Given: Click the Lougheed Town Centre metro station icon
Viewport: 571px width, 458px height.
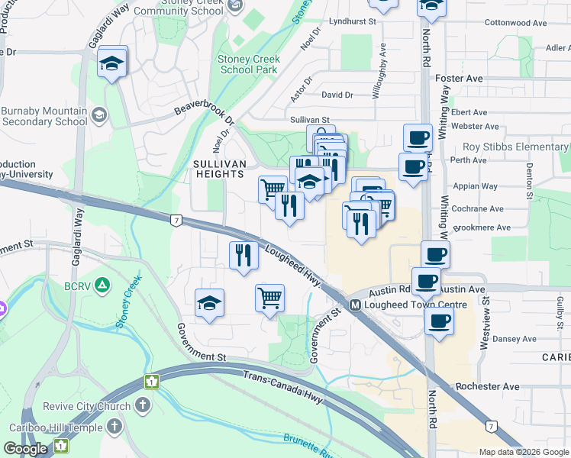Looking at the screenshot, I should (355, 305).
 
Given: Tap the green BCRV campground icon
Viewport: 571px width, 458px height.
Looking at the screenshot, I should (104, 285).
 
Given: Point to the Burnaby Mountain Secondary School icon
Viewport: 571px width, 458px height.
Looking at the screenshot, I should (98, 115).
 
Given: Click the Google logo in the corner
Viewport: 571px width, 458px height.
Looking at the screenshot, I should (25, 449).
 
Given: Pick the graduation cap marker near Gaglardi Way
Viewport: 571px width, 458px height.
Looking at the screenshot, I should (112, 64).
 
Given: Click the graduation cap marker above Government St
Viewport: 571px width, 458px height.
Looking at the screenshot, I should (209, 304).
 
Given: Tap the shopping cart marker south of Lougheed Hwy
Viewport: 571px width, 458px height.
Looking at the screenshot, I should (269, 298).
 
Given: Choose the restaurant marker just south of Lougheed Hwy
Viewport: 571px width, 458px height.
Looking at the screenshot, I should (244, 254).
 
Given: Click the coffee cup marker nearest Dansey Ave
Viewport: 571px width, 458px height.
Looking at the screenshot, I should (438, 321).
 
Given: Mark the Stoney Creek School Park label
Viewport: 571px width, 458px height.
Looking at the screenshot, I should (249, 64).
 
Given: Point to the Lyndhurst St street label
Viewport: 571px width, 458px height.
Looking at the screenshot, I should (353, 22).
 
